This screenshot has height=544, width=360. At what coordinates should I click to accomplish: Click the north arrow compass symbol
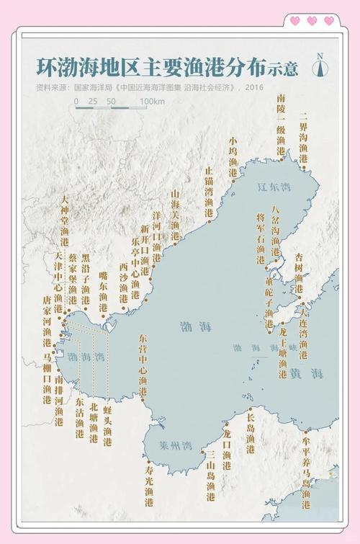[319, 66]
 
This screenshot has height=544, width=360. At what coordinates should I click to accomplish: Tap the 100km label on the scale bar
[152, 102]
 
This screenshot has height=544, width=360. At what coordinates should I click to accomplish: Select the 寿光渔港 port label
[149, 482]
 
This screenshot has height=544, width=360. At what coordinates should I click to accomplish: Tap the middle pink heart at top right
[312, 21]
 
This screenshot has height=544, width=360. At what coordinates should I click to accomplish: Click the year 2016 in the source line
[253, 87]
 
